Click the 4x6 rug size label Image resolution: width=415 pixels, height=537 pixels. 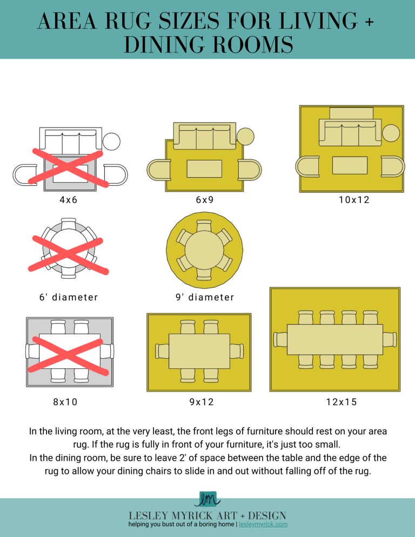[x=69, y=199]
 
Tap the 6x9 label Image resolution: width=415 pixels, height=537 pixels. [x=205, y=199]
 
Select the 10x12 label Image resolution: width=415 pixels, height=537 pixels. [x=354, y=199]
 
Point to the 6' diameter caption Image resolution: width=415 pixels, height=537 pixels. [x=69, y=297]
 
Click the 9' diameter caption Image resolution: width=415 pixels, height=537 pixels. [x=205, y=297]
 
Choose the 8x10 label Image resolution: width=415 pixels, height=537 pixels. [x=65, y=401]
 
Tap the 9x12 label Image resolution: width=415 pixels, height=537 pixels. [x=202, y=401]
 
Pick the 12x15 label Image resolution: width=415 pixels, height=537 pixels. [x=342, y=401]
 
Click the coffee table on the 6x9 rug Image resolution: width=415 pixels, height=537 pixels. [x=204, y=169]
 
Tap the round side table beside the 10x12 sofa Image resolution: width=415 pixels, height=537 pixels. [x=391, y=133]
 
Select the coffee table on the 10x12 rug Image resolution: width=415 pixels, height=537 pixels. [x=350, y=165]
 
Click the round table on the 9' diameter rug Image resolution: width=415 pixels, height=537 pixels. [x=204, y=250]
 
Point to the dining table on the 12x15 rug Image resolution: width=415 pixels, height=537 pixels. [x=335, y=339]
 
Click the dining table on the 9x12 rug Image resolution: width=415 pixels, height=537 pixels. [x=199, y=351]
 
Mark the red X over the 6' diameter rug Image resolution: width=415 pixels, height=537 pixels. [x=68, y=254]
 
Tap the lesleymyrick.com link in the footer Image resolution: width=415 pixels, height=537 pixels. [x=263, y=525]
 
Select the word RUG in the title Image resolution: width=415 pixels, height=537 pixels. [x=128, y=21]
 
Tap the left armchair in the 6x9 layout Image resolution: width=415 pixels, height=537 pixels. [x=159, y=170]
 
